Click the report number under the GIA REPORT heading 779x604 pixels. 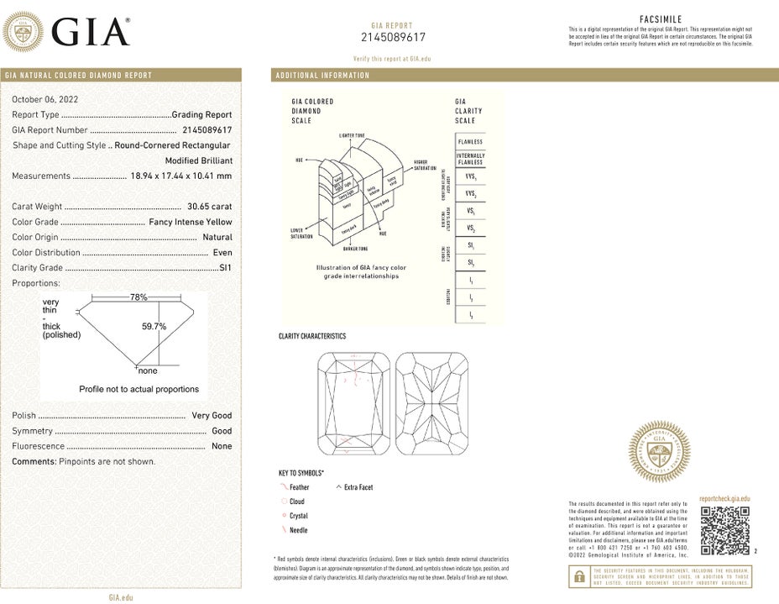point(393,38)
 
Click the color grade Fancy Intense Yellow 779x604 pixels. point(191,222)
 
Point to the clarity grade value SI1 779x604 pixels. point(225,268)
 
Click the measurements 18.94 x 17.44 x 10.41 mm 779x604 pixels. point(180,176)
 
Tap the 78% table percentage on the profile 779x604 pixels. point(139,297)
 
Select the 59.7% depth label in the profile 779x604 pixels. point(154,326)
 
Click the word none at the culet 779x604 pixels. point(148,370)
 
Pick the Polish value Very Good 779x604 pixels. point(212,415)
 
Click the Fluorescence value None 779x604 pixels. point(222,446)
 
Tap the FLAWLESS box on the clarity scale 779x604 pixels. point(470,142)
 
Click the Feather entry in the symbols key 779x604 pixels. point(299,487)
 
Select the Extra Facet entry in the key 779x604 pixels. point(358,487)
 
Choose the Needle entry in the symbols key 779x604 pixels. point(298,530)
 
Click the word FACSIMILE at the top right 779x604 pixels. point(660,18)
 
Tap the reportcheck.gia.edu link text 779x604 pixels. point(724,499)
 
